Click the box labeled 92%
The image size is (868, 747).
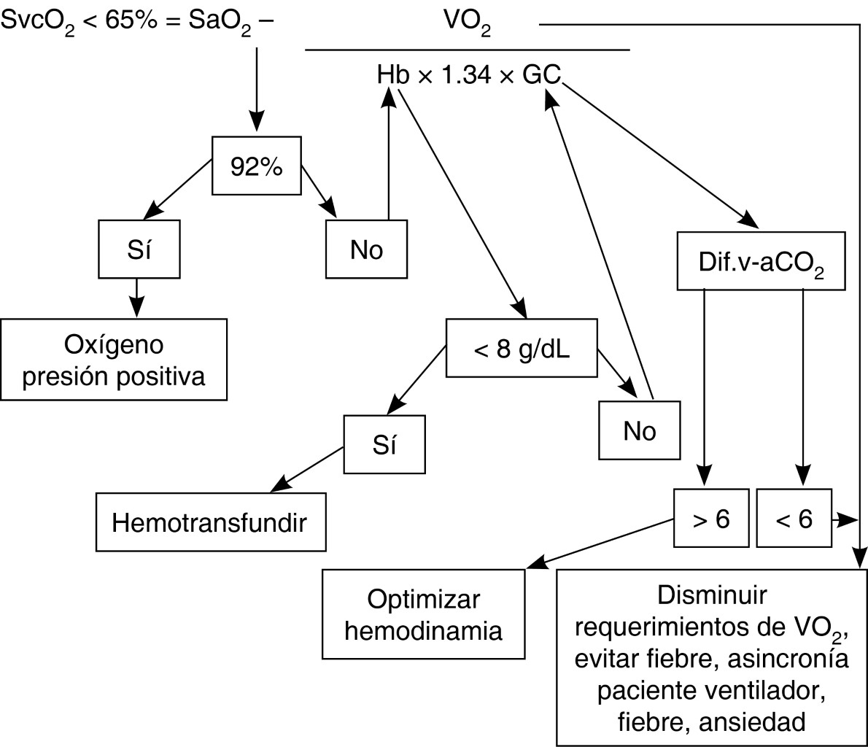257,167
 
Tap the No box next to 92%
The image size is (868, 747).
367,250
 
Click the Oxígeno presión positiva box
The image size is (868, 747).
114,360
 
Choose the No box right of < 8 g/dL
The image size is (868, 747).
640,431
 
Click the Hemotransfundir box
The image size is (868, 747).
210,523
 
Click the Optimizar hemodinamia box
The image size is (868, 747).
424,614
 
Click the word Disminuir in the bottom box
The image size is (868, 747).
712,595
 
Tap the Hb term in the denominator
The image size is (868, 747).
392,75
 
